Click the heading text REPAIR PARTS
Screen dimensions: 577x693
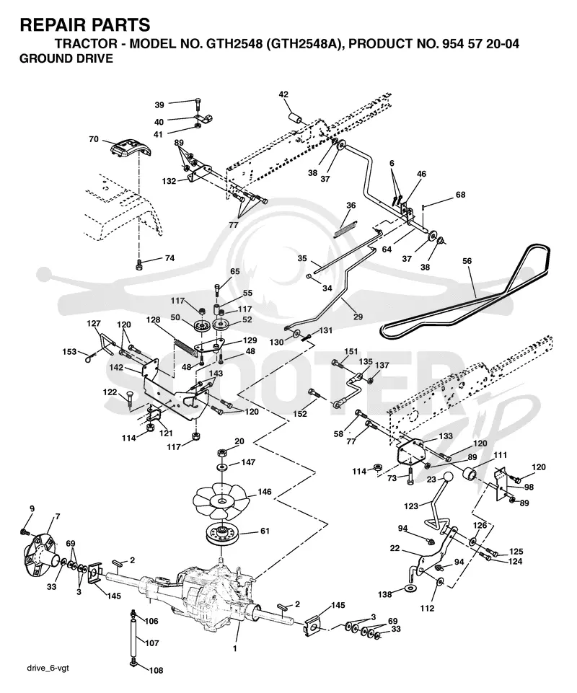pos(85,25)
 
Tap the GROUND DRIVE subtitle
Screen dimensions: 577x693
pos(66,58)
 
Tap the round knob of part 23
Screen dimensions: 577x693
pos(449,478)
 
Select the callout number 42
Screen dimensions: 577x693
pos(283,94)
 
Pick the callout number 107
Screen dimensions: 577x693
pos(151,643)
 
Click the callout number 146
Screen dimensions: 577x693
pos(265,492)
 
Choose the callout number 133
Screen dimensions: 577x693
pos(446,436)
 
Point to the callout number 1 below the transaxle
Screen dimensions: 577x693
pos(235,649)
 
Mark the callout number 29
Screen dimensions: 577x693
pos(358,317)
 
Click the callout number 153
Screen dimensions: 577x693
pos(70,352)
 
